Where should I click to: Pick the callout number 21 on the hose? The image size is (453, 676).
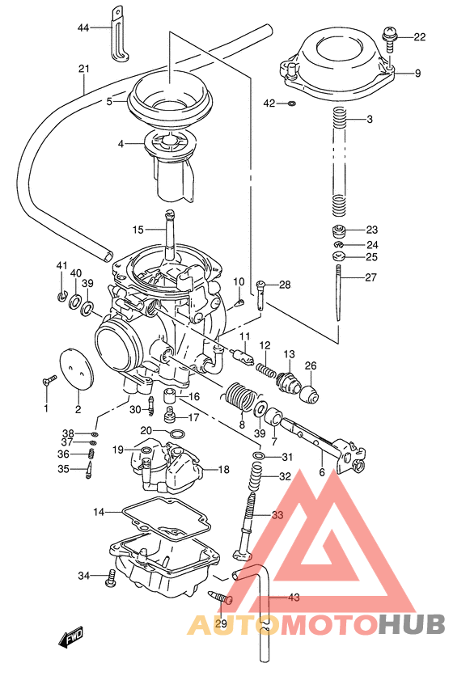tap(83, 69)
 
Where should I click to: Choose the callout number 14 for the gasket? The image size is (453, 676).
tap(99, 512)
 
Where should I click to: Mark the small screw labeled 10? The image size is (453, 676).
tap(240, 302)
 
